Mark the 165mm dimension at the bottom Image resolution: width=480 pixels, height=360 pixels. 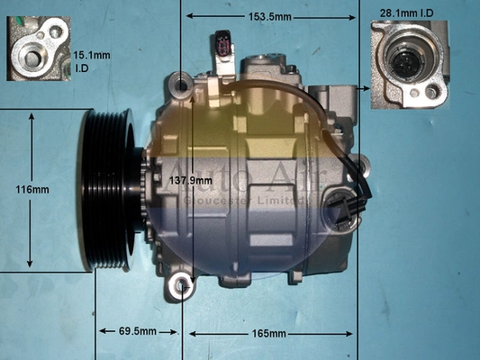click(x=268, y=334)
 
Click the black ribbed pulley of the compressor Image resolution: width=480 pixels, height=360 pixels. click(x=106, y=189)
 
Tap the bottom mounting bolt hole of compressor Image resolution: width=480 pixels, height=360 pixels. click(x=183, y=287)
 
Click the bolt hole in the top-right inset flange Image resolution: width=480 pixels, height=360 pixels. click(x=433, y=93)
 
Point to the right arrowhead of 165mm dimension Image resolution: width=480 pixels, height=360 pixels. click(x=352, y=334)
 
